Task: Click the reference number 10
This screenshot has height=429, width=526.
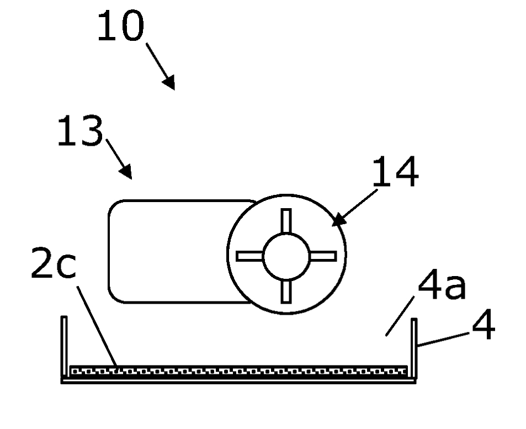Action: (121, 25)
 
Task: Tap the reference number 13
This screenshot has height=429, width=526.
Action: (80, 131)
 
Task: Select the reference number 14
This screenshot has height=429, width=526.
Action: (396, 172)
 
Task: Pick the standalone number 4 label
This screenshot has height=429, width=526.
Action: (484, 324)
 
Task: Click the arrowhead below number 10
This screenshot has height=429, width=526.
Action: (169, 82)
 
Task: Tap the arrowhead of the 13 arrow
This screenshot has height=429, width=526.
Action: (126, 171)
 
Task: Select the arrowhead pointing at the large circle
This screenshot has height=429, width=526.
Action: (338, 220)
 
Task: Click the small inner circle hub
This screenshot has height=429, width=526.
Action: (286, 256)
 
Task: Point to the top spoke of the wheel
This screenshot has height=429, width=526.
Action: (286, 220)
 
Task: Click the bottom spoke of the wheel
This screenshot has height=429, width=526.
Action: (286, 292)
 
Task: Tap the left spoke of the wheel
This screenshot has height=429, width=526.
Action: (249, 256)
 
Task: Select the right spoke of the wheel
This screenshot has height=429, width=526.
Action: (323, 256)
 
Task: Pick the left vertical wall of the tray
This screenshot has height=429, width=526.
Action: (64, 346)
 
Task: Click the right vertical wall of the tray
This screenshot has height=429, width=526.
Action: (414, 348)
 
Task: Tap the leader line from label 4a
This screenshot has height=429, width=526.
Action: (400, 316)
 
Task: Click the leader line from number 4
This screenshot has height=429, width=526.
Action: (443, 339)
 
